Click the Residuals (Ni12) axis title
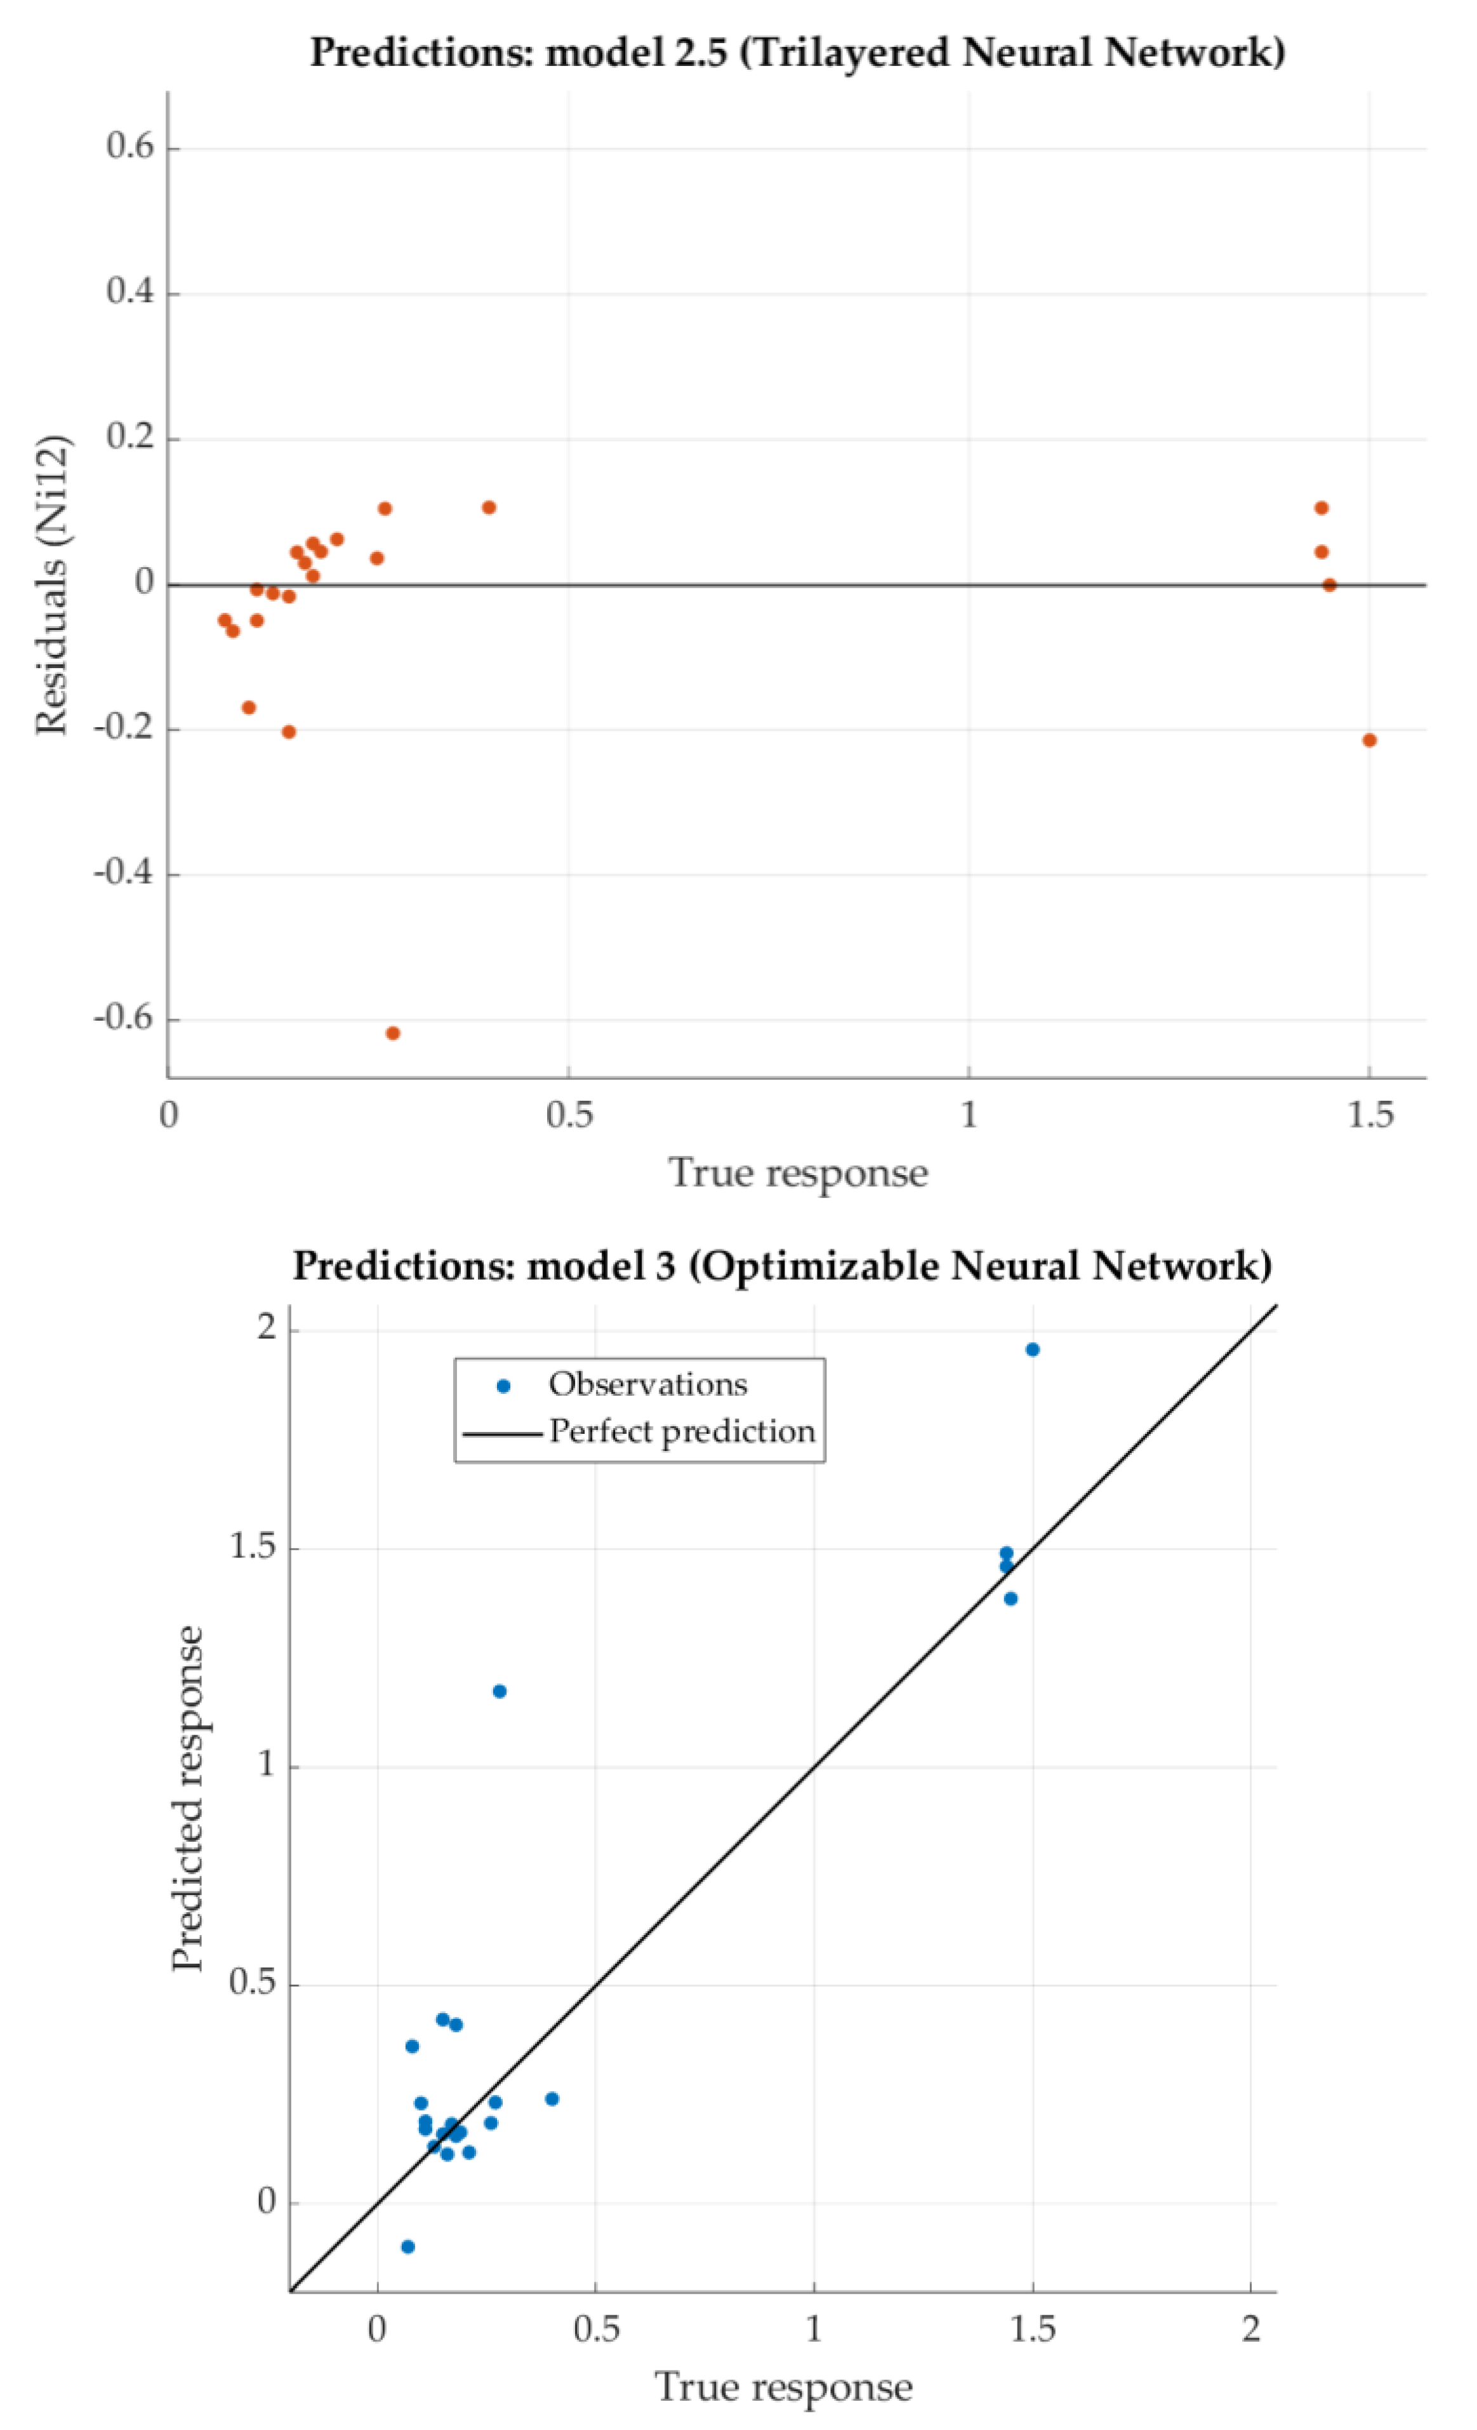pyautogui.click(x=51, y=586)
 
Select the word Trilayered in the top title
pyautogui.click(x=845, y=51)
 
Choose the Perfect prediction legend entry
pyautogui.click(x=681, y=1431)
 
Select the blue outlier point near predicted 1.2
pyautogui.click(x=500, y=1691)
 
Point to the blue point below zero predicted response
pyautogui.click(x=407, y=2247)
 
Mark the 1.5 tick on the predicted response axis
pyautogui.click(x=251, y=1547)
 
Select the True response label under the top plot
pyautogui.click(x=798, y=1172)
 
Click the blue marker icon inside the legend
pyautogui.click(x=503, y=1386)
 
